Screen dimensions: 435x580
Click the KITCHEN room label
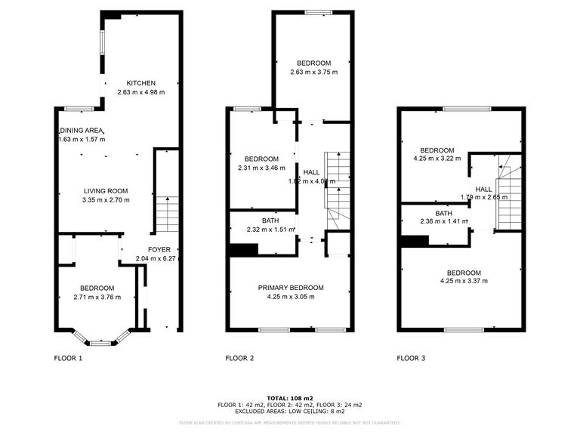pyautogui.click(x=141, y=83)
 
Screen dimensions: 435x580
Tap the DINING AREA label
pyautogui.click(x=82, y=130)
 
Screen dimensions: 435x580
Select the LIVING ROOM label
pyautogui.click(x=105, y=191)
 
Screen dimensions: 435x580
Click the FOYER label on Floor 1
pyautogui.click(x=159, y=250)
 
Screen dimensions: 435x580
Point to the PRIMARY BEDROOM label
pyautogui.click(x=291, y=288)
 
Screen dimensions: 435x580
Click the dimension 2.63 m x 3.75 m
pyautogui.click(x=313, y=72)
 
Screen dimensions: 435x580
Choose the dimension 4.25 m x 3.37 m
pyautogui.click(x=463, y=282)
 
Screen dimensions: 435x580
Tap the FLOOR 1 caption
pyautogui.click(x=68, y=358)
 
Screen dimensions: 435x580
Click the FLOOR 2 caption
pyautogui.click(x=239, y=358)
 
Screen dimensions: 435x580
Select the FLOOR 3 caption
pyautogui.click(x=411, y=358)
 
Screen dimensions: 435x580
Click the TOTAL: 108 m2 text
pyautogui.click(x=290, y=397)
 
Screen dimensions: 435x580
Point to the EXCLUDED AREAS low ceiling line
pyautogui.click(x=290, y=412)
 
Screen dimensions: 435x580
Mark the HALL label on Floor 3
pyautogui.click(x=483, y=189)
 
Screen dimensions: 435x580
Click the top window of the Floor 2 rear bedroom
pyautogui.click(x=318, y=11)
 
